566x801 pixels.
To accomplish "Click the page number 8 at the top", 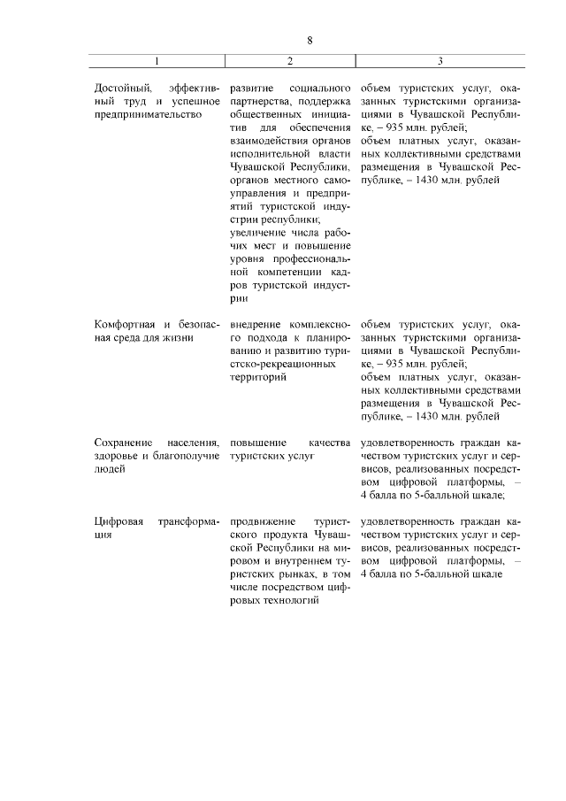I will pyautogui.click(x=310, y=40).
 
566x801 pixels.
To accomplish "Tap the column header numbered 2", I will pyautogui.click(x=289, y=61).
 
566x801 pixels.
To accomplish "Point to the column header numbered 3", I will pyautogui.click(x=440, y=61).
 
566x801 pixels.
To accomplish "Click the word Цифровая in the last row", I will pyautogui.click(x=119, y=521).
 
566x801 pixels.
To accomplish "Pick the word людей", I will pyautogui.click(x=110, y=468).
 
